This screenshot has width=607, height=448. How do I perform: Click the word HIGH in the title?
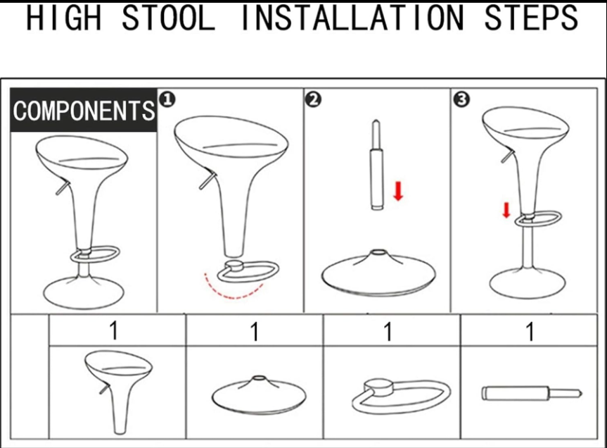pos(64,18)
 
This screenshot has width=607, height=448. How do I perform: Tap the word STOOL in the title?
pos(168,18)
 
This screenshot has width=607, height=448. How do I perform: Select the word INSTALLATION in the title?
pos(352,18)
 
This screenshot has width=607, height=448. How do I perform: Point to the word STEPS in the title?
pos(531,18)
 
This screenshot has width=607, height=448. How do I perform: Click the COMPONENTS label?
pos(84,111)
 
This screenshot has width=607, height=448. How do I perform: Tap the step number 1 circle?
pos(167,99)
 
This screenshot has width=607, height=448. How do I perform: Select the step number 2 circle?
pos(313,99)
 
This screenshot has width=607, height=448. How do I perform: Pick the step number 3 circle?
pos(461,99)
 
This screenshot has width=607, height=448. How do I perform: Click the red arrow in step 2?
pos(398,191)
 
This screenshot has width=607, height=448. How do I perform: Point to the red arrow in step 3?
pos(506,210)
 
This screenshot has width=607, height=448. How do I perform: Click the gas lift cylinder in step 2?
pos(376,165)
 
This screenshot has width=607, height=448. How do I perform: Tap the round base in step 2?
pos(378,273)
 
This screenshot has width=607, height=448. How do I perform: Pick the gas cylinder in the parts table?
pos(532,393)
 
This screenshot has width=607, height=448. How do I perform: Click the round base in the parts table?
pos(259,395)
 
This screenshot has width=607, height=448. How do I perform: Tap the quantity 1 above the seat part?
pos(113,330)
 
